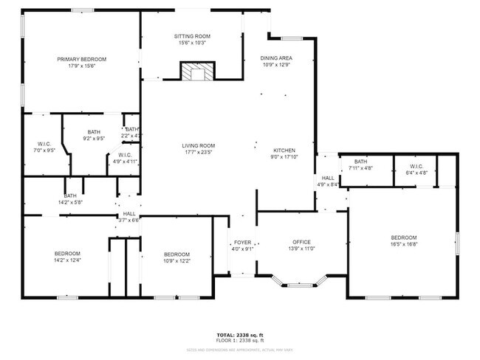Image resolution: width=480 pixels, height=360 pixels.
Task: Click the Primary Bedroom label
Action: [83, 59]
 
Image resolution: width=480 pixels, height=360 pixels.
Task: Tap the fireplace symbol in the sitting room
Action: [196, 72]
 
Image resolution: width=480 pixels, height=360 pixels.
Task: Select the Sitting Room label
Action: [193, 36]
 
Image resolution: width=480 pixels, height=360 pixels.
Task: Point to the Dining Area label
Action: [277, 58]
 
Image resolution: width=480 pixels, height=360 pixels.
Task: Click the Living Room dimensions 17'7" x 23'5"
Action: [198, 153]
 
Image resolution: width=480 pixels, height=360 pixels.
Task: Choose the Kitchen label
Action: [284, 150]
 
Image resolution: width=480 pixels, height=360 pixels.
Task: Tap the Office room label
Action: [301, 242]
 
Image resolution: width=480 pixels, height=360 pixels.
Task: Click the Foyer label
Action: [243, 242]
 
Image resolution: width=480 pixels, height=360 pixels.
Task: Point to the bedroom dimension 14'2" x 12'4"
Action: [67, 259]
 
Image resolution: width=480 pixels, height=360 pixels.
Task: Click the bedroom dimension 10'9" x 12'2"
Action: [177, 260]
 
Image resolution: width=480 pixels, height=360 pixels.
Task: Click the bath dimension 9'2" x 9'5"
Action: [94, 138]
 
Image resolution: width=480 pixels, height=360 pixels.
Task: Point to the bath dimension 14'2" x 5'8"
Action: [70, 202]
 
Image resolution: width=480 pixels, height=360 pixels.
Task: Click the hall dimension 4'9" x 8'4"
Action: [328, 184]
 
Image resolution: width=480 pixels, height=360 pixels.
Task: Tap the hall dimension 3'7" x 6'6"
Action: [129, 220]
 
